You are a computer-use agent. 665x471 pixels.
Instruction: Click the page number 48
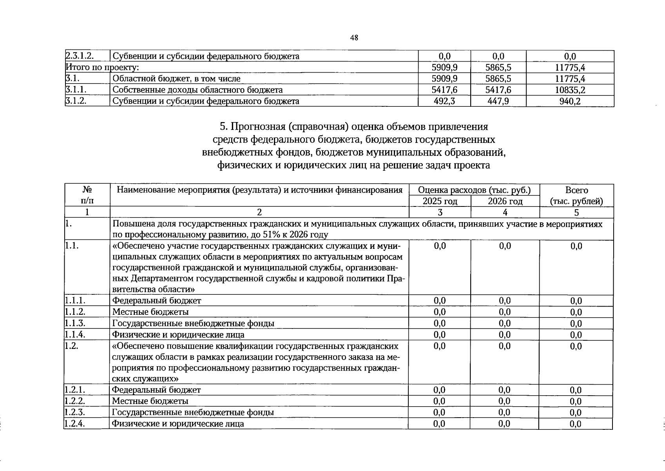pyautogui.click(x=354, y=38)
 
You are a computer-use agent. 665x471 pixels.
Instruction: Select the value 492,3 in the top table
pyautogui.click(x=444, y=101)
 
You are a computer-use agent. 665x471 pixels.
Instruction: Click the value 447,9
pyautogui.click(x=498, y=101)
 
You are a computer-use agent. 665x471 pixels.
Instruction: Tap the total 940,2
pyautogui.click(x=570, y=101)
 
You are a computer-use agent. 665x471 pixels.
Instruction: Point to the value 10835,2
pyautogui.click(x=570, y=90)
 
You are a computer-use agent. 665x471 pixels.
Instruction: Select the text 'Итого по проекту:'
pyautogui.click(x=102, y=67)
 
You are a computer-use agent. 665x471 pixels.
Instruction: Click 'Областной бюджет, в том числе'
pyautogui.click(x=176, y=78)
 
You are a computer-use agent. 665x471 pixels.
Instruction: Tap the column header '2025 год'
pyautogui.click(x=440, y=201)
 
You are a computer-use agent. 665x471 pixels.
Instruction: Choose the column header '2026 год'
pyautogui.click(x=505, y=201)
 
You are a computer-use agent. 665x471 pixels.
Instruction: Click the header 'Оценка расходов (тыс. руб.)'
pyautogui.click(x=474, y=190)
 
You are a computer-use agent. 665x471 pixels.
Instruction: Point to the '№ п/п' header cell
pyautogui.click(x=87, y=195)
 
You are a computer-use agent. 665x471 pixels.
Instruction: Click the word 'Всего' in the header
pyautogui.click(x=576, y=190)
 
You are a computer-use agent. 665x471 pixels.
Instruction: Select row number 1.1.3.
pyautogui.click(x=75, y=323)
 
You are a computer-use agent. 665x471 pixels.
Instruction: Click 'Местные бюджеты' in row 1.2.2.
pyautogui.click(x=150, y=401)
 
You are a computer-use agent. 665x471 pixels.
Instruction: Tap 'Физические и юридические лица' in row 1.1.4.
pyautogui.click(x=178, y=334)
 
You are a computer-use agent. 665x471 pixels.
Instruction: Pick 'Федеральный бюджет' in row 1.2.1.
pyautogui.click(x=156, y=390)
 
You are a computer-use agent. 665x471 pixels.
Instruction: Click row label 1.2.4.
pyautogui.click(x=75, y=424)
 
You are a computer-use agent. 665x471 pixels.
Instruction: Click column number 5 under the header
pyautogui.click(x=576, y=212)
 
